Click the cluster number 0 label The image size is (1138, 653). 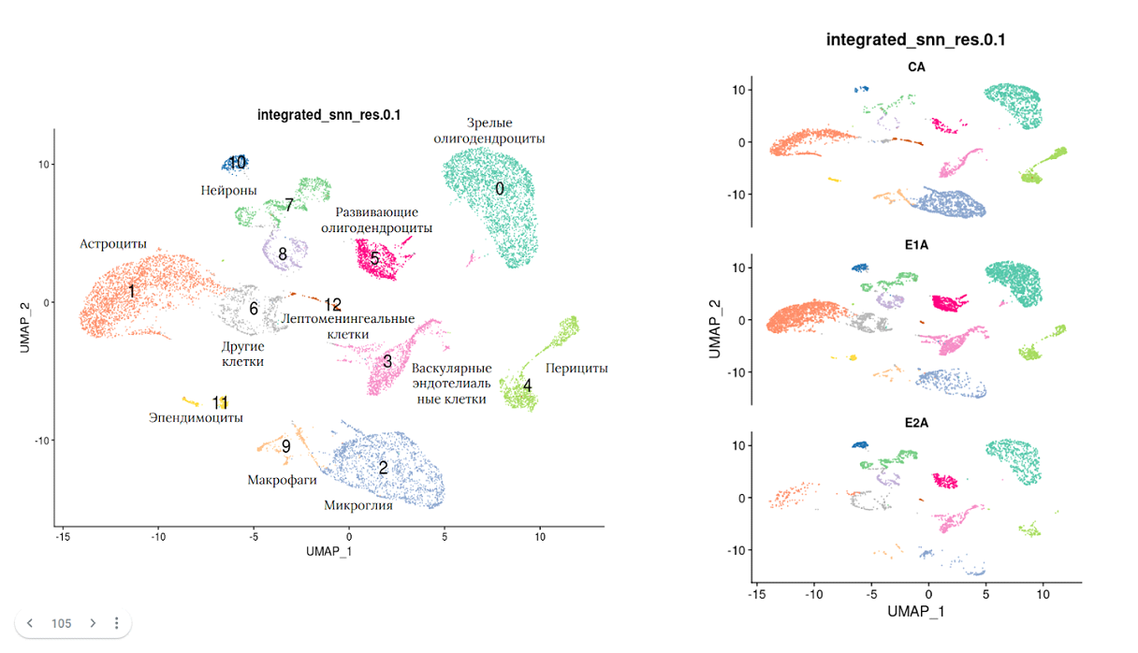(500, 189)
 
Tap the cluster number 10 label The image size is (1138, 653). (238, 163)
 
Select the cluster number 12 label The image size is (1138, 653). (333, 305)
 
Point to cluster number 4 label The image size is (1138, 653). (528, 385)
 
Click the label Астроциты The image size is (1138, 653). (113, 244)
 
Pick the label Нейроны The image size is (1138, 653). (228, 191)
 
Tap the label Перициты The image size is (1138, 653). (576, 369)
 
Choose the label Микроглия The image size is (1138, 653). (358, 506)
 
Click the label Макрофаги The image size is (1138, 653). (282, 480)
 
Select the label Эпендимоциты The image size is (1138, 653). (196, 418)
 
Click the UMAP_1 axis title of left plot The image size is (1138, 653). (328, 551)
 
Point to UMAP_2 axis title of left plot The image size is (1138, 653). (25, 327)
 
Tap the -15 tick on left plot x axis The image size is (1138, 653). (63, 537)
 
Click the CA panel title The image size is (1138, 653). (917, 67)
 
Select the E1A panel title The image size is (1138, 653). (917, 245)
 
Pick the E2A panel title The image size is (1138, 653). (917, 423)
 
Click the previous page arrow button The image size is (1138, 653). (31, 623)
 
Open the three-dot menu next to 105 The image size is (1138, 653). (116, 623)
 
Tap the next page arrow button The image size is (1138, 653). (93, 623)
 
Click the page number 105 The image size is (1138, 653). (62, 623)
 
